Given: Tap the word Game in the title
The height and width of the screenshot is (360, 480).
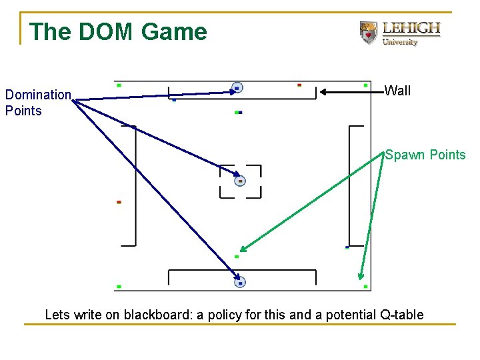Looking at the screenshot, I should pyautogui.click(x=174, y=32).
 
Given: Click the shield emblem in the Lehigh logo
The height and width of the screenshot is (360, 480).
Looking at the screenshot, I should pyautogui.click(x=368, y=33).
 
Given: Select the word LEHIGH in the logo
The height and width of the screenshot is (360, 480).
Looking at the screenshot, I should pyautogui.click(x=411, y=28).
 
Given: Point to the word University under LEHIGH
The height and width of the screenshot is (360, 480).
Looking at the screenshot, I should pyautogui.click(x=400, y=42).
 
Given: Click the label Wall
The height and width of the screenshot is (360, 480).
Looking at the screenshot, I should pyautogui.click(x=398, y=91).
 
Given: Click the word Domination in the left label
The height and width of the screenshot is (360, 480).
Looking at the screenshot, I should pyautogui.click(x=38, y=95).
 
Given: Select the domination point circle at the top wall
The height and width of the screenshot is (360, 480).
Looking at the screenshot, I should pyautogui.click(x=237, y=88).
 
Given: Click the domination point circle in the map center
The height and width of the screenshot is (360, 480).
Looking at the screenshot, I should pyautogui.click(x=240, y=181).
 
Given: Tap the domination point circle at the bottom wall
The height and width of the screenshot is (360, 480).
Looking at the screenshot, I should pyautogui.click(x=240, y=283).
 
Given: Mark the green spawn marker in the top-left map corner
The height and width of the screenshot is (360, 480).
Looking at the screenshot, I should pyautogui.click(x=119, y=85).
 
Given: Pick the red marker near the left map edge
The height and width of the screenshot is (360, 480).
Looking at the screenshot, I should pyautogui.click(x=119, y=202).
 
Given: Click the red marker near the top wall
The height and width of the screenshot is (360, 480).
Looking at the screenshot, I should pyautogui.click(x=299, y=85).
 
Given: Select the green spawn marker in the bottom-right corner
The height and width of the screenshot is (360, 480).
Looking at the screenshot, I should pyautogui.click(x=365, y=287).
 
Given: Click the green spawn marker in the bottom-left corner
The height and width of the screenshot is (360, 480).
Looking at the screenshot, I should pyautogui.click(x=119, y=287).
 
